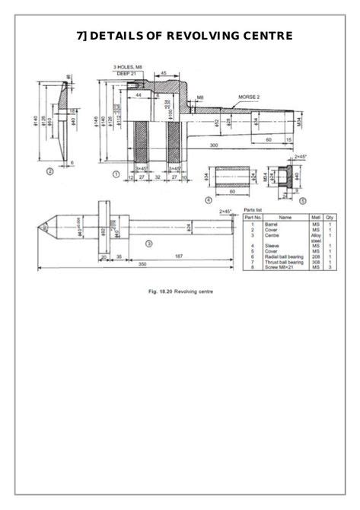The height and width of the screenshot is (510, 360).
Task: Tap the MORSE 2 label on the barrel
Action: tap(248, 97)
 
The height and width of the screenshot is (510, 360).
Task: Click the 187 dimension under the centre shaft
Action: tap(177, 254)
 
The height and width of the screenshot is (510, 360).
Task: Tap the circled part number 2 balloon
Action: tap(49, 172)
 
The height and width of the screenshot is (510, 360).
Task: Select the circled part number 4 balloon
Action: tap(209, 200)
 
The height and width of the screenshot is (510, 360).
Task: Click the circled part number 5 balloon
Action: tap(301, 201)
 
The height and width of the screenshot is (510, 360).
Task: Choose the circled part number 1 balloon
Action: tap(116, 174)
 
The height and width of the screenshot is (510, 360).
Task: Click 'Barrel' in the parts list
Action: tap(271, 225)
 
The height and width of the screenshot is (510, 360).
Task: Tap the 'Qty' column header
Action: tap(330, 217)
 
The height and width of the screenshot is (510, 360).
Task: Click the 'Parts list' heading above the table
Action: tap(253, 209)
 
